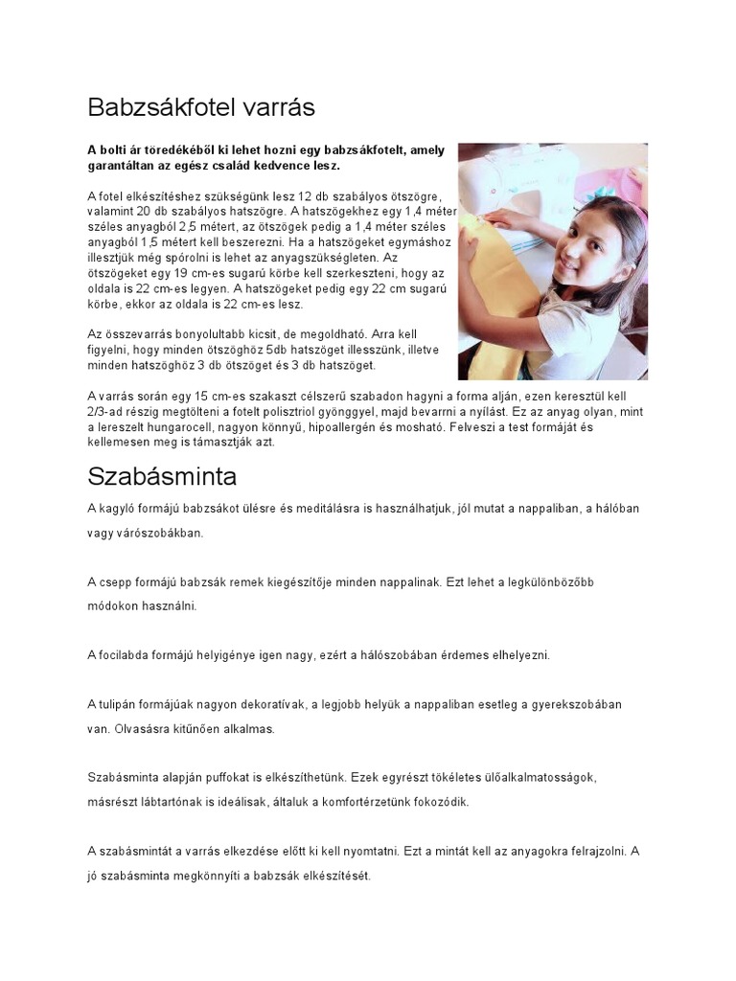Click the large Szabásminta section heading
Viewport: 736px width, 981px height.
tap(162, 476)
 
